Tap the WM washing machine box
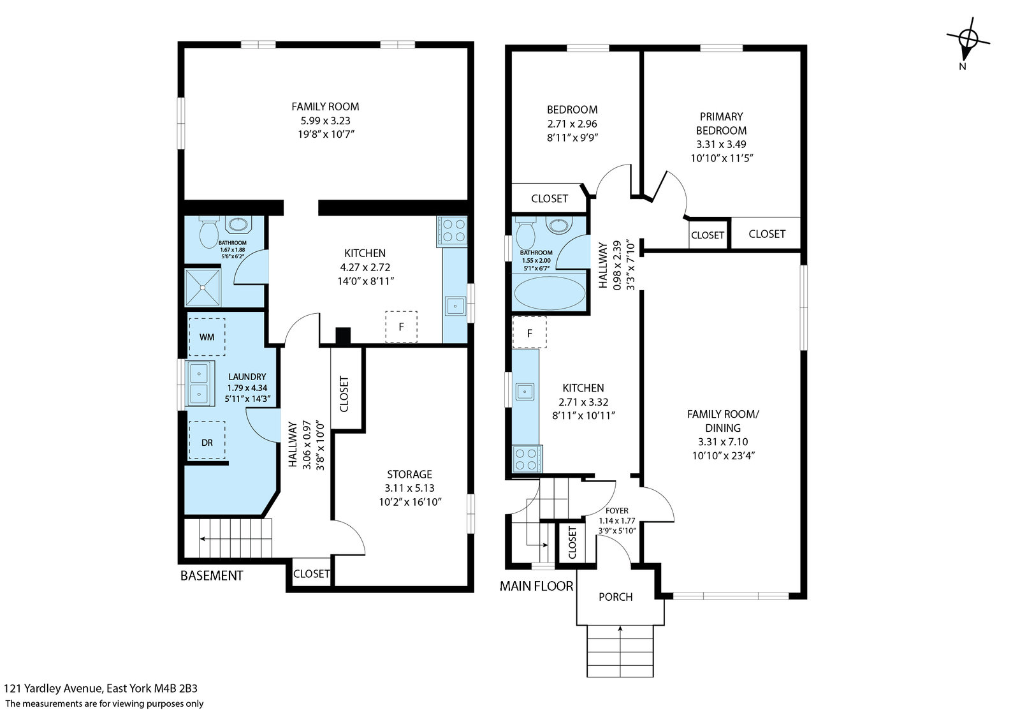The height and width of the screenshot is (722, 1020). click(207, 337)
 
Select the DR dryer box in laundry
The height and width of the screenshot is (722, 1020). click(207, 440)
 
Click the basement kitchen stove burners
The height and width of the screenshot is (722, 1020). click(452, 230)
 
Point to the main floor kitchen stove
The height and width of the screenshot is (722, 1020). click(527, 459)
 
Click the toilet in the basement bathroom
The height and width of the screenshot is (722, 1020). click(208, 232)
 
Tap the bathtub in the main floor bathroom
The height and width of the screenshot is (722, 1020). click(549, 293)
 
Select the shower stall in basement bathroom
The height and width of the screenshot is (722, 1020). click(203, 288)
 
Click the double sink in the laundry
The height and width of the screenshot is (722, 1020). click(200, 383)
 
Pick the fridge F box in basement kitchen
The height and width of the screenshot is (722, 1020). click(401, 327)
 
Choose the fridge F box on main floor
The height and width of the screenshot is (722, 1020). click(529, 332)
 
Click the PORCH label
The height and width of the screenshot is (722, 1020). click(615, 597)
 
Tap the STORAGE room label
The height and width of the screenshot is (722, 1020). click(409, 474)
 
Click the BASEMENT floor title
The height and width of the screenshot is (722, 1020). click(212, 576)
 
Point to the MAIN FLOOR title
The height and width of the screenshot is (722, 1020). click(536, 586)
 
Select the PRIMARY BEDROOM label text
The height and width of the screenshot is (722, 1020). click(721, 124)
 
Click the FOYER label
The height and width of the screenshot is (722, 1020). click(617, 511)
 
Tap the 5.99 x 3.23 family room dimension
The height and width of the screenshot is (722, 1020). click(325, 121)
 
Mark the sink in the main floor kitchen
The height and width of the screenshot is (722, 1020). click(525, 392)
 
